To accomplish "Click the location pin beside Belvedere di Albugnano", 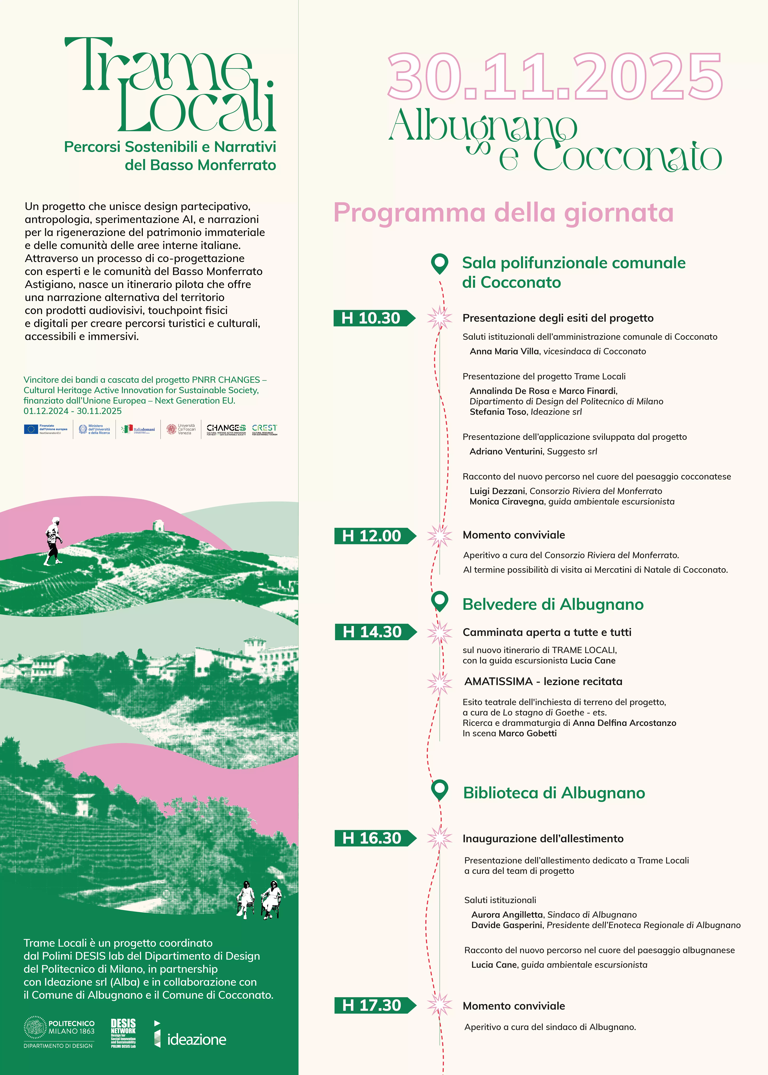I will pyautogui.click(x=440, y=601).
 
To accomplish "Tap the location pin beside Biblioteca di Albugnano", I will pyautogui.click(x=440, y=789).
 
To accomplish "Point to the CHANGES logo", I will pyautogui.click(x=226, y=429).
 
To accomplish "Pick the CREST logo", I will pyautogui.click(x=264, y=429).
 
